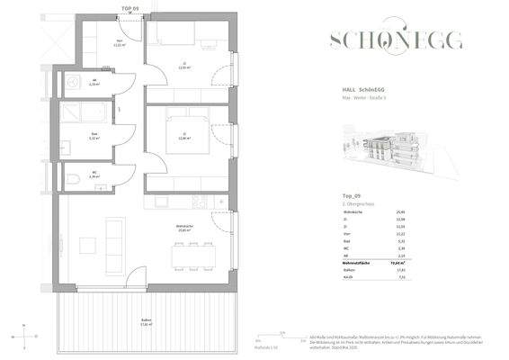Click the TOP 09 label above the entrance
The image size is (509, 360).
click(x=129, y=7)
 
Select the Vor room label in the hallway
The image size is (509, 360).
click(x=119, y=41)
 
